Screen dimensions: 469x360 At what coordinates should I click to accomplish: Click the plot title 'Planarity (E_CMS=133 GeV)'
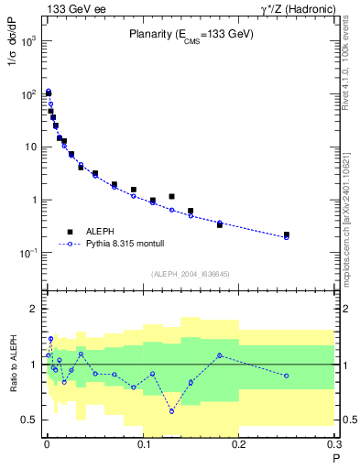191,34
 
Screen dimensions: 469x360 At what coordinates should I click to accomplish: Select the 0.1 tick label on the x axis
143,446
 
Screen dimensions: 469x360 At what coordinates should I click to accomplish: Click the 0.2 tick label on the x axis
239,446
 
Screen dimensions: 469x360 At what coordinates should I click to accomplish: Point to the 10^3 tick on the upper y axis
30,42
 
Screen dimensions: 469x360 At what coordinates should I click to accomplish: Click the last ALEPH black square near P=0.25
287,234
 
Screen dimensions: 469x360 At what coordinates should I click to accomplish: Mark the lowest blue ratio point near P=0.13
171,411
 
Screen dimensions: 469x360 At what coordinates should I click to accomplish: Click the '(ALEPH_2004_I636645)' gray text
191,272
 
